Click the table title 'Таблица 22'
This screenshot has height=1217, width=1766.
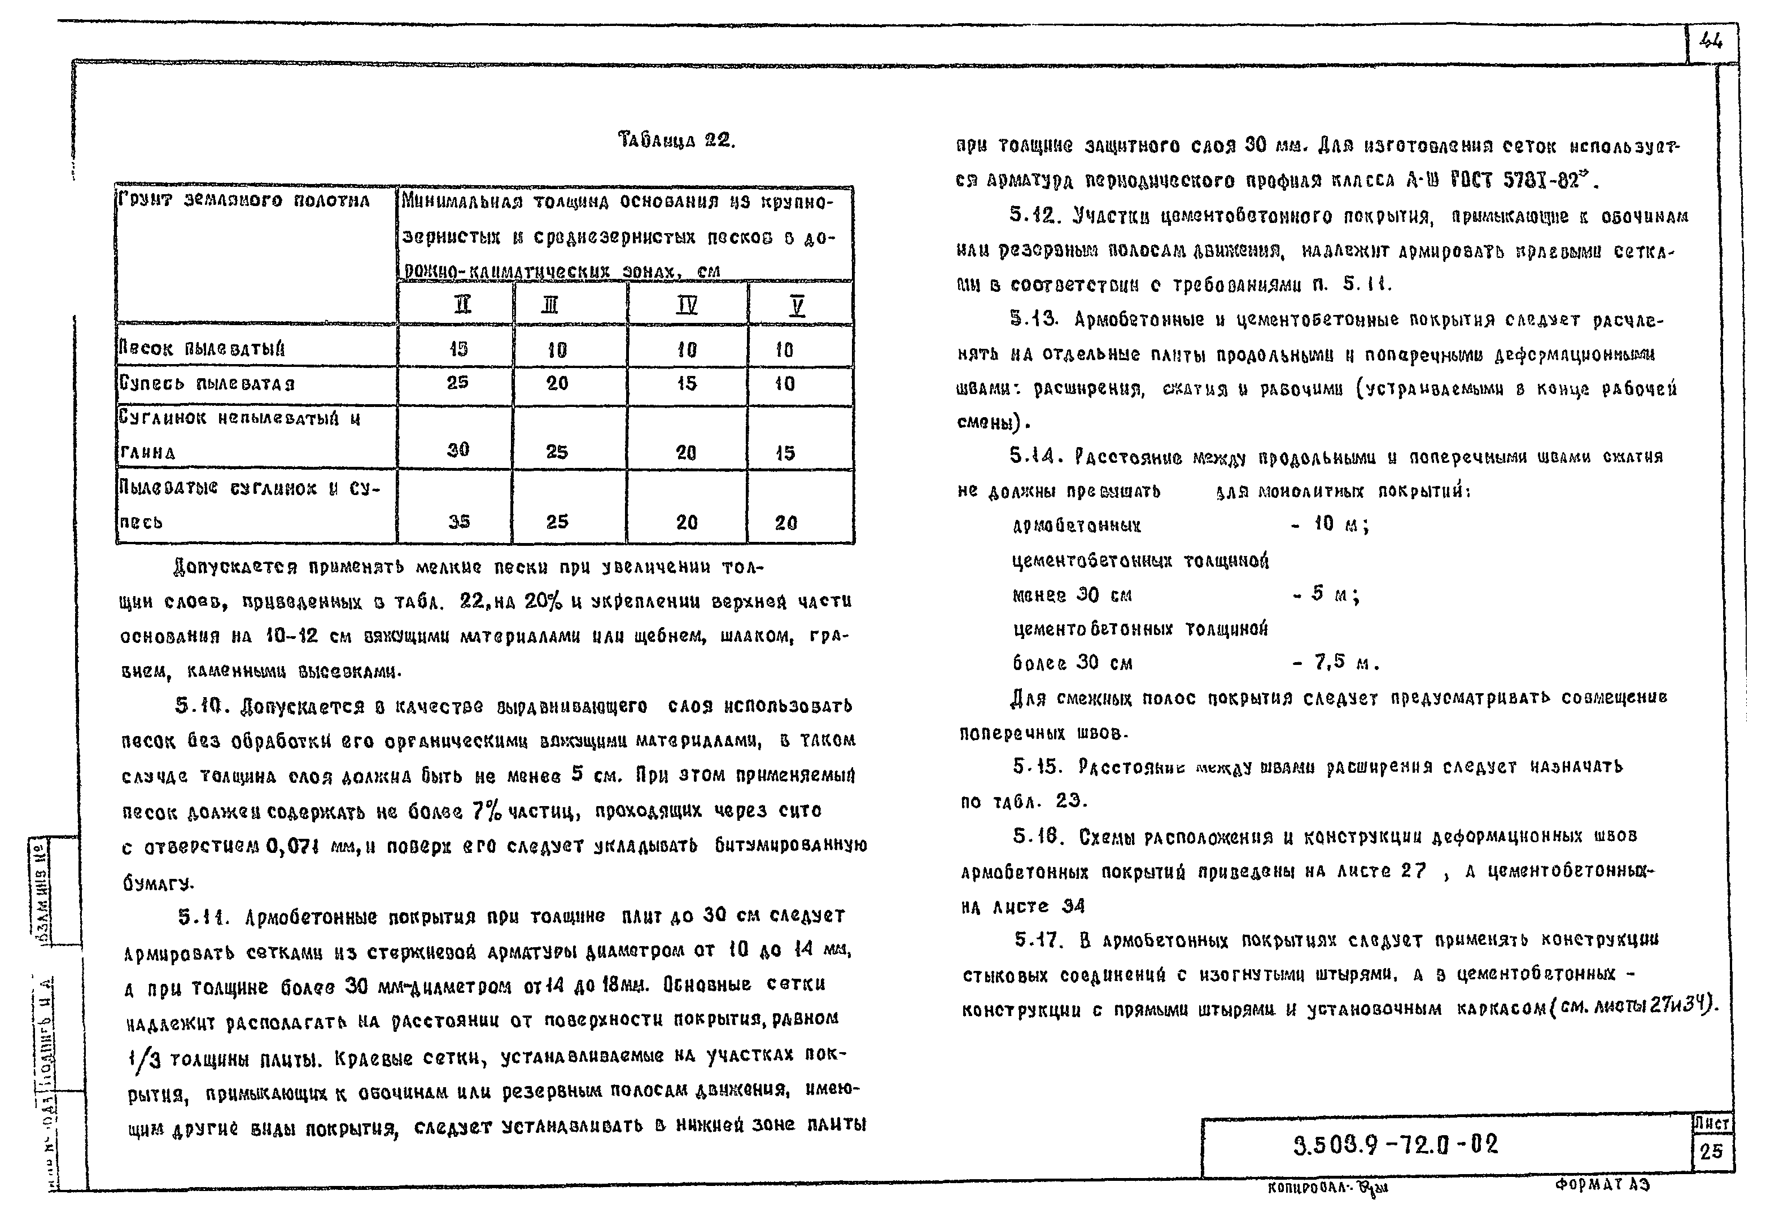point(676,141)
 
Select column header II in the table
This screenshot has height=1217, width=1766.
point(462,305)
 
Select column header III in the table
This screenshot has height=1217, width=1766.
point(550,305)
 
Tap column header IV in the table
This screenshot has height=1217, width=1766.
point(687,305)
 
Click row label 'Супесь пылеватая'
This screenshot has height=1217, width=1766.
point(207,383)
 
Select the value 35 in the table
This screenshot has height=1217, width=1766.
point(458,522)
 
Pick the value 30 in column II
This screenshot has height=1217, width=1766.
point(458,450)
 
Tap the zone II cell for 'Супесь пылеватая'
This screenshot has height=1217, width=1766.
point(457,383)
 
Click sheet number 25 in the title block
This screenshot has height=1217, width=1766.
point(1711,1150)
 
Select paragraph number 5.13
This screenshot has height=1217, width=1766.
point(1034,319)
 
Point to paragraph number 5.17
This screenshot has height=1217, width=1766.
point(1038,940)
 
